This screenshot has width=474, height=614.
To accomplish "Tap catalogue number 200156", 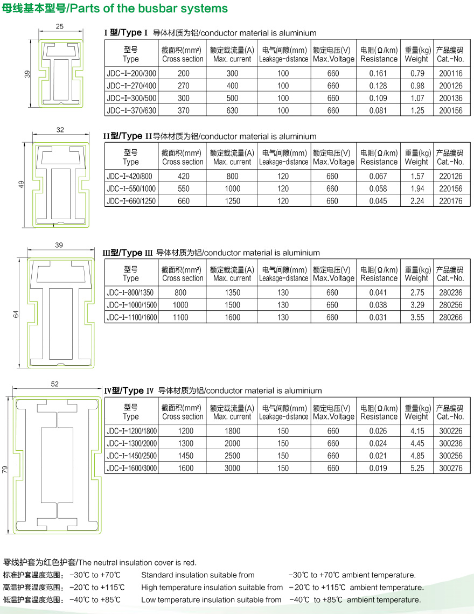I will pyautogui.click(x=450, y=110).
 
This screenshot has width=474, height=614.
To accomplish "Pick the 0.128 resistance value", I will pyautogui.click(x=378, y=86).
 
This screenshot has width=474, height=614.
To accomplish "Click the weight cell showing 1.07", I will pyautogui.click(x=416, y=98).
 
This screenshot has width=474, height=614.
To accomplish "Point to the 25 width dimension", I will pyautogui.click(x=59, y=26).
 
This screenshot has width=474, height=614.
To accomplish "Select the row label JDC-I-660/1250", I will pyautogui.click(x=132, y=201).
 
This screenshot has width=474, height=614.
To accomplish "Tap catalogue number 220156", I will pyautogui.click(x=450, y=189).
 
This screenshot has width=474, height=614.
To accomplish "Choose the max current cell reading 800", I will pyautogui.click(x=232, y=176).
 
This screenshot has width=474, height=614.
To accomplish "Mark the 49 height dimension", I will pyautogui.click(x=22, y=184).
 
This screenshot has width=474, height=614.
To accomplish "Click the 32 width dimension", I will pyautogui.click(x=60, y=130).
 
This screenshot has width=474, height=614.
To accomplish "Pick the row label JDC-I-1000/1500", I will pyautogui.click(x=132, y=305).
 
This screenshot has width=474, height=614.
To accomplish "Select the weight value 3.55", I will pyautogui.click(x=416, y=317).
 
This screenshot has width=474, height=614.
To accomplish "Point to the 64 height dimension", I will pyautogui.click(x=16, y=314).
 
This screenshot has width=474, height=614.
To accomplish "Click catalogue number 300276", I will pyautogui.click(x=450, y=468).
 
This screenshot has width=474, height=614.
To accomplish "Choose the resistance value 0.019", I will pyautogui.click(x=378, y=468).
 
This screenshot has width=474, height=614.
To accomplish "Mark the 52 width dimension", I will pyautogui.click(x=55, y=384).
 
